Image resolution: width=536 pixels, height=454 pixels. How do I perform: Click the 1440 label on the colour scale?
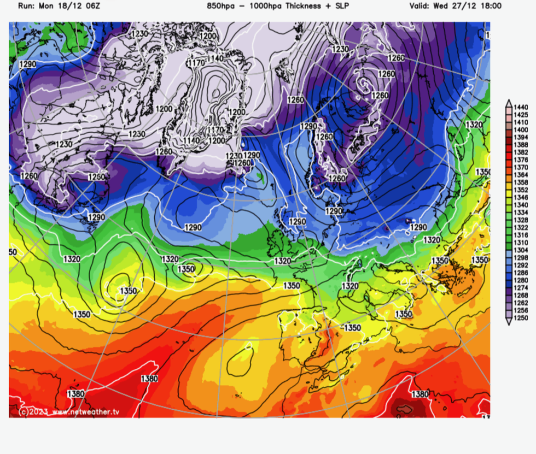pyautogui.click(x=520, y=107)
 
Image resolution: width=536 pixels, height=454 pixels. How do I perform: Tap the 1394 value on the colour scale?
pyautogui.click(x=520, y=137)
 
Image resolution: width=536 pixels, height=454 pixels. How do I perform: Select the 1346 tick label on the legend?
pyautogui.click(x=520, y=197)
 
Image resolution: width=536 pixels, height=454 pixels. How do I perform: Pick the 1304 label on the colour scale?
pyautogui.click(x=520, y=250)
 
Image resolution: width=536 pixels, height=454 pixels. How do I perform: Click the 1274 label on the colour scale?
pyautogui.click(x=520, y=288)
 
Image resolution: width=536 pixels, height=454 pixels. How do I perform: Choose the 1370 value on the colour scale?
pyautogui.click(x=520, y=167)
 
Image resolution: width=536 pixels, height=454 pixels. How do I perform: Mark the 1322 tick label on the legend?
pyautogui.click(x=520, y=227)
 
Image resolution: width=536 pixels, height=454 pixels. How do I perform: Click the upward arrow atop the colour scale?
pyautogui.click(x=509, y=102)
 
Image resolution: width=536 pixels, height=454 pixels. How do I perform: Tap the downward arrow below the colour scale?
pyautogui.click(x=509, y=323)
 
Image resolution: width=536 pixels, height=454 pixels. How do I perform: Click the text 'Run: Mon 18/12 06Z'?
pyautogui.click(x=52, y=6)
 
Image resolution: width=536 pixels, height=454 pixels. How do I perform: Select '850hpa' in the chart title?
pyautogui.click(x=220, y=6)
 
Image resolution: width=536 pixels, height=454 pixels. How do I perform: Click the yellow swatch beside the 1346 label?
pyautogui.click(x=509, y=197)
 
